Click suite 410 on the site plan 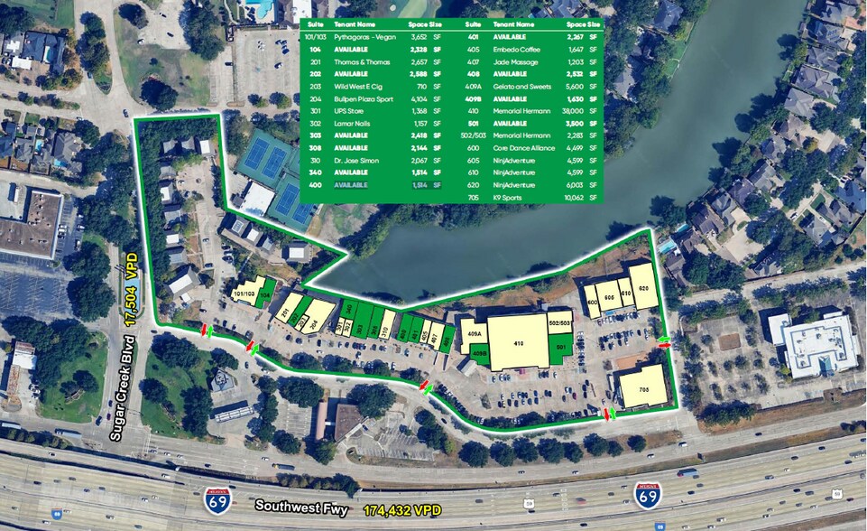[x=518, y=342]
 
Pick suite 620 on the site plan [x=643, y=286]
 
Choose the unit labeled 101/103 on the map [x=244, y=293]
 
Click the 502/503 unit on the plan [x=559, y=322]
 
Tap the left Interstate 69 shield [x=217, y=498]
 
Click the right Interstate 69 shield [x=647, y=493]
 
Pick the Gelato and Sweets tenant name [x=521, y=87]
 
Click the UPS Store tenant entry [x=348, y=110]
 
